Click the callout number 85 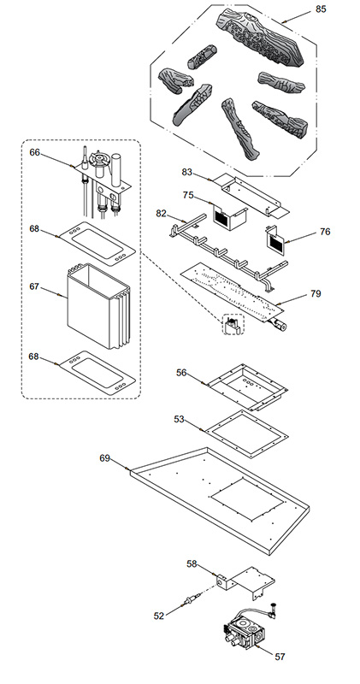321,9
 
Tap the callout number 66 34,152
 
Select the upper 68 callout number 34,228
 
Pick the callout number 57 280,657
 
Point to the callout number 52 159,616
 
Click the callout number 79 316,293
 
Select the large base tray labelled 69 220,501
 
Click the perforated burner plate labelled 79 232,292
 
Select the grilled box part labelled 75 229,216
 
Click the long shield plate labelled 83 253,195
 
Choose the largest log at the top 261,37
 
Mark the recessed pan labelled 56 247,387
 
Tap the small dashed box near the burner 233,324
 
